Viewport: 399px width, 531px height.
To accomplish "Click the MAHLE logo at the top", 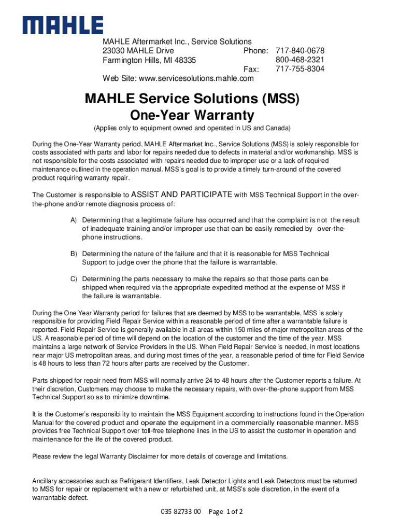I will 62,25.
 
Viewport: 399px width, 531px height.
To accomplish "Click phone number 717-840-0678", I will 300,51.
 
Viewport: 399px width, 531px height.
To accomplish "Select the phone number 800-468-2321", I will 300,60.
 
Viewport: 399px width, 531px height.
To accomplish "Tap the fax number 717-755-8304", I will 300,69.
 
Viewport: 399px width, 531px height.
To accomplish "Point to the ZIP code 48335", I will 185,60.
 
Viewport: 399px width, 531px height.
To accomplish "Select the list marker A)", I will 74,220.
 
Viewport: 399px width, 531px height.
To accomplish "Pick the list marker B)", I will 74,254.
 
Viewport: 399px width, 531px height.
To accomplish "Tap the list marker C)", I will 74,279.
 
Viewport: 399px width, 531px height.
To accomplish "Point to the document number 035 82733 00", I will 181,512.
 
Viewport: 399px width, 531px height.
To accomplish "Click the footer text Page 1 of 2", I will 225,512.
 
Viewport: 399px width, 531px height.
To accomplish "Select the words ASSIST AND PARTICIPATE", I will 182,194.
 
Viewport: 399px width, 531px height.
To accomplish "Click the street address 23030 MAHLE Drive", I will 138,51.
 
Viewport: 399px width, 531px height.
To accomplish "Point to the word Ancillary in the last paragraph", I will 46,481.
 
